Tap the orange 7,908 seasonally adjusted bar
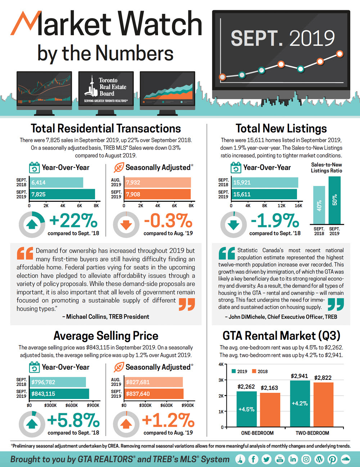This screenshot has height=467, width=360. pyautogui.click(x=157, y=194)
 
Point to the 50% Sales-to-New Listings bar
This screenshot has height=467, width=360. pyautogui.click(x=334, y=200)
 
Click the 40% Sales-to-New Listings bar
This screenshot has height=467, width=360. pyautogui.click(x=319, y=205)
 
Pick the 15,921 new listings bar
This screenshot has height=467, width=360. pyautogui.click(x=265, y=182)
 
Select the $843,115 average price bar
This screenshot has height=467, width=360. pyautogui.click(x=59, y=394)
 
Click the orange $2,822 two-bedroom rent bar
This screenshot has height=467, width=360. pyautogui.click(x=323, y=404)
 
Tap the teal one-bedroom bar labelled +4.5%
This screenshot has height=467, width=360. pyautogui.click(x=247, y=409)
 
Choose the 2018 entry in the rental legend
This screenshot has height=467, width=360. pyautogui.click(x=260, y=372)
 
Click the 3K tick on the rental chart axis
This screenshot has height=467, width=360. pyautogui.click(x=221, y=380)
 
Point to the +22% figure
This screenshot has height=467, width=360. pyautogui.click(x=73, y=221)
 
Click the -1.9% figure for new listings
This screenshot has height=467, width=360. pyautogui.click(x=275, y=221)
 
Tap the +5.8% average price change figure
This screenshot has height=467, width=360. pyautogui.click(x=73, y=420)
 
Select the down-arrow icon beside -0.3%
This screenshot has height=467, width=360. pyautogui.click(x=126, y=224)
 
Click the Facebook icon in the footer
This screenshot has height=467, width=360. pyautogui.click(x=253, y=459)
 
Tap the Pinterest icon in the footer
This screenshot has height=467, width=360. pyautogui.click(x=332, y=459)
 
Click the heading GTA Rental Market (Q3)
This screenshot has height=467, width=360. pyautogui.click(x=281, y=335)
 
